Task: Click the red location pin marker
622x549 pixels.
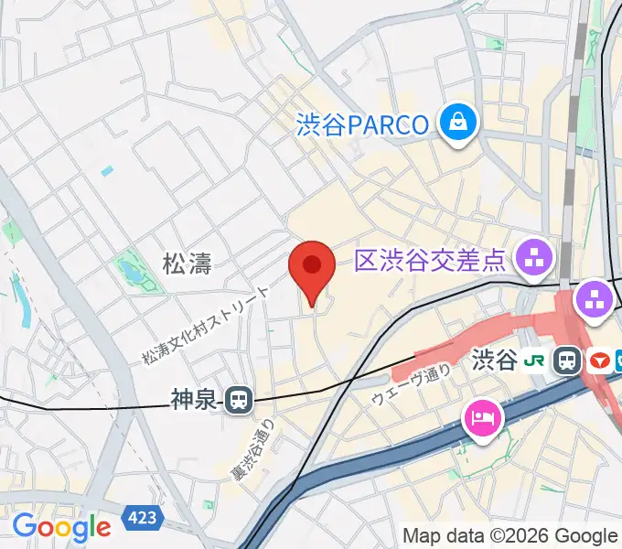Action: (x=312, y=268)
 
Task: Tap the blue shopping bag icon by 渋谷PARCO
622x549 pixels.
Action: (x=458, y=123)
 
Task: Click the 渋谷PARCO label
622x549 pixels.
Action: (x=363, y=124)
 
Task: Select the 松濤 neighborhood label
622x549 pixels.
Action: (x=188, y=265)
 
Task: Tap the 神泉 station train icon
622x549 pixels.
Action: (x=240, y=398)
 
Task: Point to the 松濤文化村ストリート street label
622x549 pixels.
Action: (x=206, y=324)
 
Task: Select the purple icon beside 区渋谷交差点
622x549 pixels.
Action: (x=535, y=256)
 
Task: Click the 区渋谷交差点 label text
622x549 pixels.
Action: (x=430, y=263)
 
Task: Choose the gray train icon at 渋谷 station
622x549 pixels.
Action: (x=569, y=360)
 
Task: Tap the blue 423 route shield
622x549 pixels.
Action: (x=142, y=519)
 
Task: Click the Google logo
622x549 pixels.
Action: (x=61, y=526)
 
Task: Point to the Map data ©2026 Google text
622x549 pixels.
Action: (x=510, y=536)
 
